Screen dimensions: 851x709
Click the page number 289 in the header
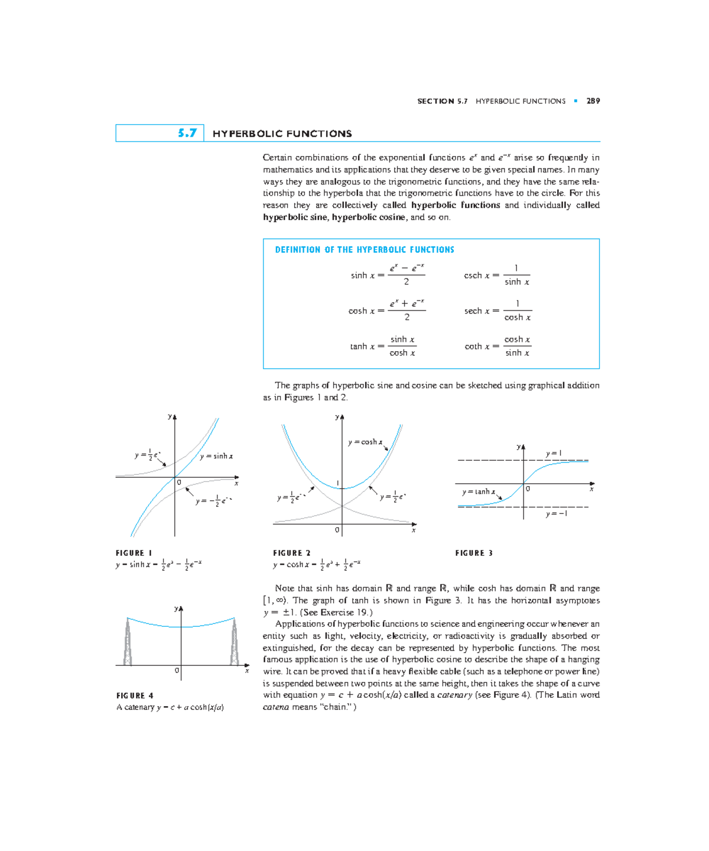593,101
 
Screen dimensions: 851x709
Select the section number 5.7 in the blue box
187,133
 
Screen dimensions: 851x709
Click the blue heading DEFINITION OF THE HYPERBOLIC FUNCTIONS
365,250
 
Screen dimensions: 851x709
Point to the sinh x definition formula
388,275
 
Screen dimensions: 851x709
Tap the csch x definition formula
497,275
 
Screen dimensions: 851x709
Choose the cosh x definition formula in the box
387,310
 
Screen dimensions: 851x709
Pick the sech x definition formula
497,310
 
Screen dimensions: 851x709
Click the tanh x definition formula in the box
383,346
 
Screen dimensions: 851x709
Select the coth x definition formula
497,346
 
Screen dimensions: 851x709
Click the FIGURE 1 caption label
134,553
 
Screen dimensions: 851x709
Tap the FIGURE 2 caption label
291,553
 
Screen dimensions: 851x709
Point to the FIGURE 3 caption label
474,553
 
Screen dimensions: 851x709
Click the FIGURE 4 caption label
135,695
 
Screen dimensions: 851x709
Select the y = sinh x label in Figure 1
216,456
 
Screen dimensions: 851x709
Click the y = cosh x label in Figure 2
365,442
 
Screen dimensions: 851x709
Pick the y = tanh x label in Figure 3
479,491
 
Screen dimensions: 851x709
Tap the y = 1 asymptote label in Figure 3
554,454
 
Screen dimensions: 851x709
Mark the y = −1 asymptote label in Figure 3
557,514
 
